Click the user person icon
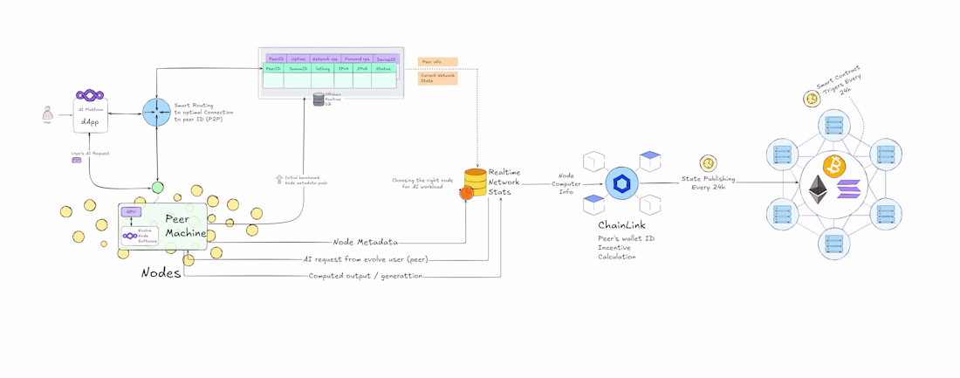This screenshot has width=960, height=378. [48, 114]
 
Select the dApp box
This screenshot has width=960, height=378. [90, 116]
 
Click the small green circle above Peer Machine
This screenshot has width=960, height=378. [157, 187]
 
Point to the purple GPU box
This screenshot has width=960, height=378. [131, 212]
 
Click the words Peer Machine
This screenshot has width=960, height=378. [186, 225]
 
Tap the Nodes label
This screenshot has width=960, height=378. [161, 273]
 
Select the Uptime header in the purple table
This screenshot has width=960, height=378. [298, 58]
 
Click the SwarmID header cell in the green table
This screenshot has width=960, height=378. [298, 68]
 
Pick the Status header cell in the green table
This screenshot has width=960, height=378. [383, 68]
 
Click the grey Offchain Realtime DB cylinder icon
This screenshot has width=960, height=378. [319, 100]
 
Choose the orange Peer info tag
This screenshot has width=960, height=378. [437, 62]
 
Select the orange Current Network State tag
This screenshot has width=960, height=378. [437, 78]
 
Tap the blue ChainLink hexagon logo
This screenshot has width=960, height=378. [622, 183]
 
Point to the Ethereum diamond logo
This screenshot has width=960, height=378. [819, 190]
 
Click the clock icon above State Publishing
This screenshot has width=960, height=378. [708, 163]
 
